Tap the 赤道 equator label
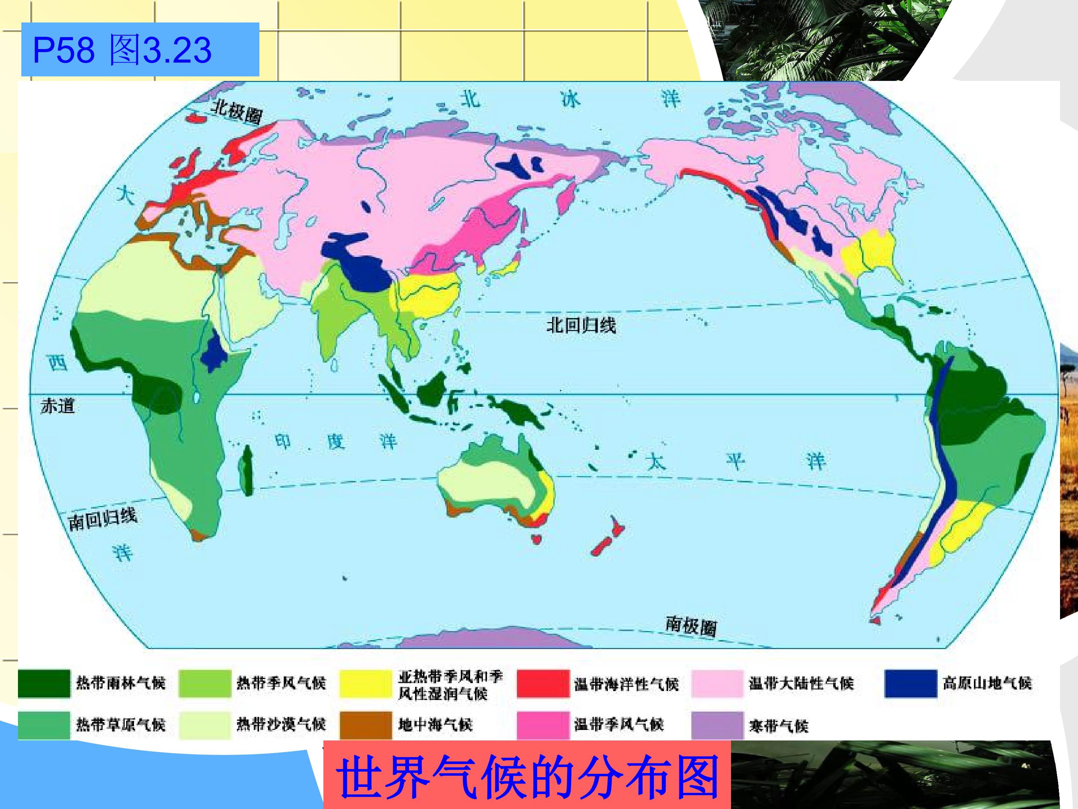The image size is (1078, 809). point(58,406)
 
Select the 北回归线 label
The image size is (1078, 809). point(581,325)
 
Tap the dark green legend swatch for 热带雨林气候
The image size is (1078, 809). point(44,683)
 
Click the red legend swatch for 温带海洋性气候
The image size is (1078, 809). point(543,683)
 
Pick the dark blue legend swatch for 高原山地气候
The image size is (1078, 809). point(910,683)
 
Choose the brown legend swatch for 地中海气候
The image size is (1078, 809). point(365,725)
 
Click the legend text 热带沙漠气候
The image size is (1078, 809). point(281,725)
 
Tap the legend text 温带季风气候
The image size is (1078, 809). point(619,725)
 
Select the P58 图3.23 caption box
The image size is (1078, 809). point(140,50)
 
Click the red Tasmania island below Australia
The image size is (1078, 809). point(536,539)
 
